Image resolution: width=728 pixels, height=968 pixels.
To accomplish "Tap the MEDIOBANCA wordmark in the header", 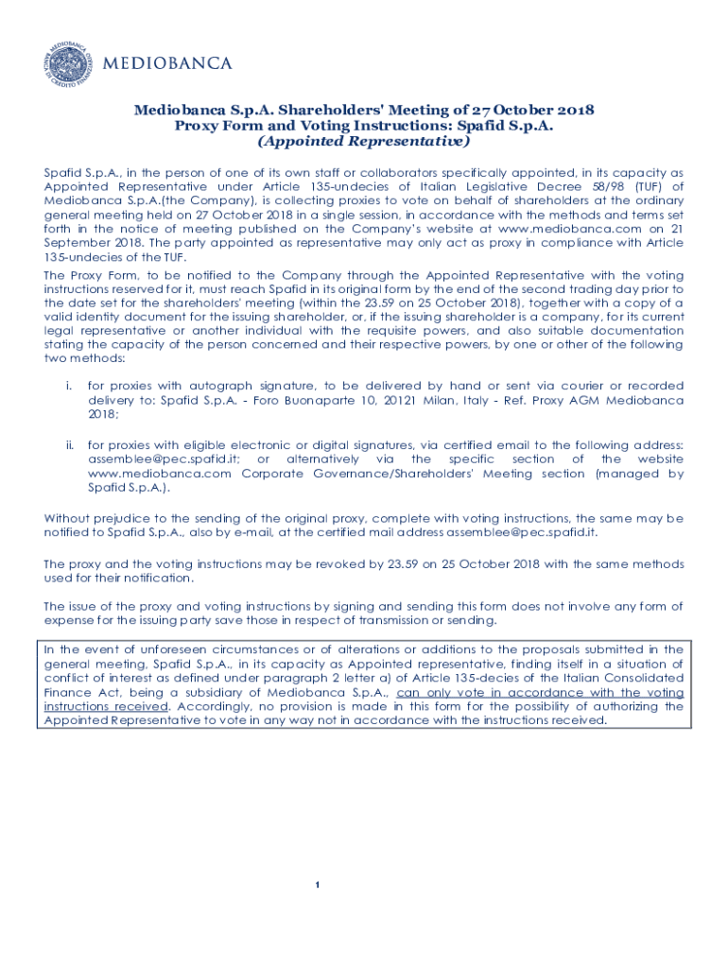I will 166,64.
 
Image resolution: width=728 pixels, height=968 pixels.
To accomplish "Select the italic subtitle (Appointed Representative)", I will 364,142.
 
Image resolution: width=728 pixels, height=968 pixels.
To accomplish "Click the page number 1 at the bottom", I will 320,885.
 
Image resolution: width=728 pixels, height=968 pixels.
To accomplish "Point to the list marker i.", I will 69,387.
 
